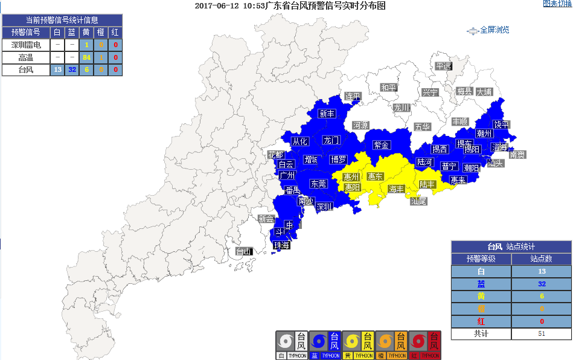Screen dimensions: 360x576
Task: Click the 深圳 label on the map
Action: click(324, 207)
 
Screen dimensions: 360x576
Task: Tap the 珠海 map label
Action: click(282, 245)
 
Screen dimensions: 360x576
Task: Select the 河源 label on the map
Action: click(360, 126)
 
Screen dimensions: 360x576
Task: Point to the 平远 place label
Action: click(444, 66)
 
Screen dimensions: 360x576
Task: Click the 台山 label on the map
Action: click(243, 251)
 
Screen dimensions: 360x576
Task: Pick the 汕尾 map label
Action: click(418, 201)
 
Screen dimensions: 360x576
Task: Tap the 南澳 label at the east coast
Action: click(517, 155)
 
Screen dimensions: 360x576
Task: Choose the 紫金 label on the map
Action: click(382, 145)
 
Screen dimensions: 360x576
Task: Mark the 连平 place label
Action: click(353, 97)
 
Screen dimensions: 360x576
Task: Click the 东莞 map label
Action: click(318, 184)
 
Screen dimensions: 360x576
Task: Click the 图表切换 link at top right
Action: click(557, 4)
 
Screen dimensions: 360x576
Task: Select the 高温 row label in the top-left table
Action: click(26, 57)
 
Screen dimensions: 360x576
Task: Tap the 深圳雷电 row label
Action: click(26, 45)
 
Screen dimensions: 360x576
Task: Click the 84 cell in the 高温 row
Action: click(86, 57)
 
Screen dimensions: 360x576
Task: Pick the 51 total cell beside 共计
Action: click(541, 333)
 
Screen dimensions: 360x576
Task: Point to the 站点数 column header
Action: click(541, 259)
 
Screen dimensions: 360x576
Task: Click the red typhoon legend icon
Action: click(425, 345)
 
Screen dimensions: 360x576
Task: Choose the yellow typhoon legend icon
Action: click(358, 345)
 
